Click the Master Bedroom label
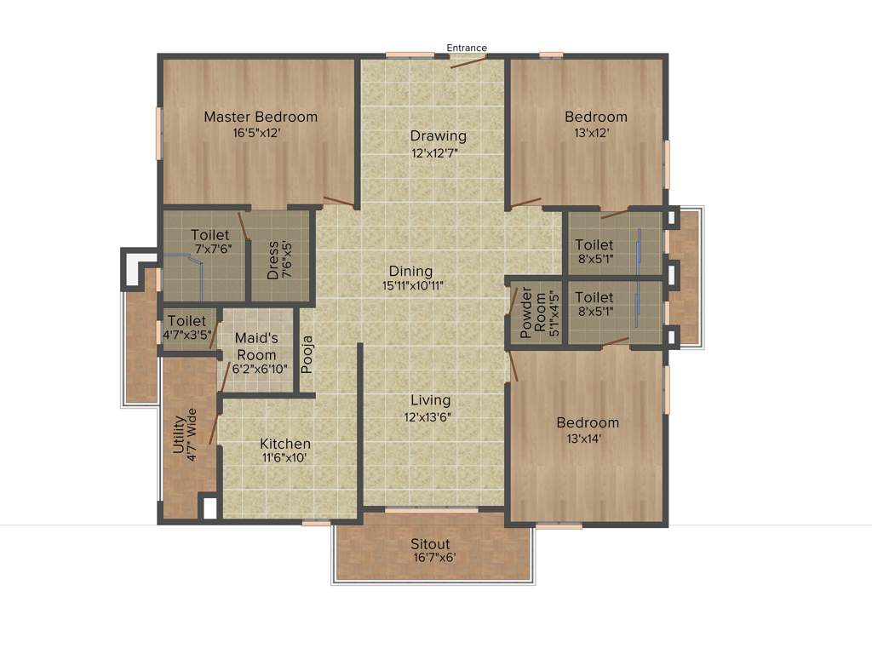point(260,117)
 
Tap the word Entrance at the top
point(468,48)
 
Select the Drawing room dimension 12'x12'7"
point(438,154)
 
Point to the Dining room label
point(410,271)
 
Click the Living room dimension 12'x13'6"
point(430,417)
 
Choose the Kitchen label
point(284,444)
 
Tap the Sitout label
point(430,544)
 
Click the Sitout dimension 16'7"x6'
point(433,559)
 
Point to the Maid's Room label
point(255,347)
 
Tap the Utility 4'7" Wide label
point(185,435)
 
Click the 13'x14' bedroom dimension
point(588,439)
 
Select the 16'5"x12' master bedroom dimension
point(260,134)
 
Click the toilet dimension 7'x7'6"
point(212,250)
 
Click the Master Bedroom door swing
point(339,203)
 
